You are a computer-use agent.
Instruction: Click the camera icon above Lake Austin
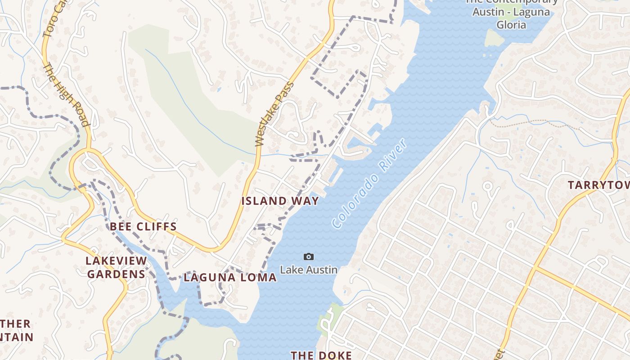click(x=308, y=256)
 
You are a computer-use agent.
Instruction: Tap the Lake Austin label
click(x=309, y=270)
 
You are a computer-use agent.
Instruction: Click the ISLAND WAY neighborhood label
click(x=280, y=201)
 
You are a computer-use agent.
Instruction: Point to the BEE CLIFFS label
click(x=143, y=226)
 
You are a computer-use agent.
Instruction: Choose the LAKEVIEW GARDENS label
click(x=116, y=267)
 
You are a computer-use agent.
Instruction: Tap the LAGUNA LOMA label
click(x=230, y=278)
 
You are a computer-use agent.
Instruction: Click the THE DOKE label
click(x=321, y=355)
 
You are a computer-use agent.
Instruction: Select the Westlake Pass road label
click(x=274, y=114)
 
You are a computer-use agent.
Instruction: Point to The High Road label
click(x=65, y=94)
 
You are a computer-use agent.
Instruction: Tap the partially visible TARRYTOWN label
click(x=598, y=185)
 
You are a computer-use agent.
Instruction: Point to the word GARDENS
click(x=116, y=274)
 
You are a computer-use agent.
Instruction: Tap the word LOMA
click(x=260, y=278)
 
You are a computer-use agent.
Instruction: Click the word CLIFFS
click(x=156, y=226)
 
